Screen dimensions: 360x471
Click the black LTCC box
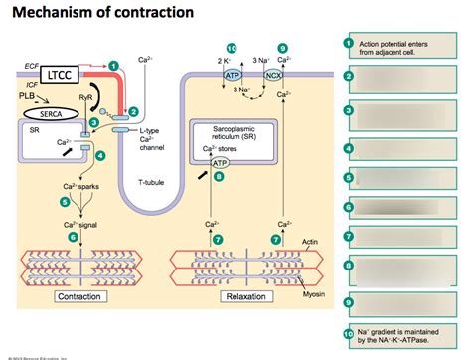[x=70, y=75]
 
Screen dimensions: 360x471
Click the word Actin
[x=311, y=243]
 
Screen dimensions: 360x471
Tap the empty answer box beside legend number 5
[x=407, y=178]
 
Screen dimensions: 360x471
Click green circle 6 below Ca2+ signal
[x=73, y=237]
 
